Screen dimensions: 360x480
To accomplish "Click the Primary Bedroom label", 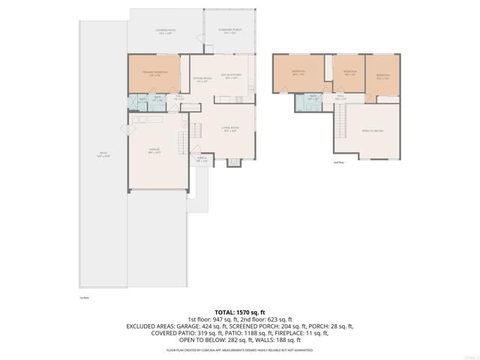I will [x=154, y=73].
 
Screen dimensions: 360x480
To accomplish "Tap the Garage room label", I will [x=154, y=151].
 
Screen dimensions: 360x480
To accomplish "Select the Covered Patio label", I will [x=164, y=31].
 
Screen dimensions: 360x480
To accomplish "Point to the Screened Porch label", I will [x=227, y=31].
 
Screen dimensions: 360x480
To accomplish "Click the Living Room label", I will [x=229, y=129].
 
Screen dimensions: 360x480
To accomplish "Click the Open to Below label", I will [x=372, y=130].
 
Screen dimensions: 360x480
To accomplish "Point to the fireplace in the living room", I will [x=233, y=160].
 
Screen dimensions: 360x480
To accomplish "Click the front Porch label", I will [x=202, y=159].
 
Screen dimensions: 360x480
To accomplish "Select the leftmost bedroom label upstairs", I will [x=298, y=73].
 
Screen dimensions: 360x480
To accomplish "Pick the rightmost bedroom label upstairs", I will [x=382, y=76].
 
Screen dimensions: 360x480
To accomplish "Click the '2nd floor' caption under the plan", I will [x=338, y=162].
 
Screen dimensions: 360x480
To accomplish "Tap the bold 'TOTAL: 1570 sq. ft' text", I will [x=240, y=311].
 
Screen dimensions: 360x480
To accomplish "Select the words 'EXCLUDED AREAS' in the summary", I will [x=150, y=326].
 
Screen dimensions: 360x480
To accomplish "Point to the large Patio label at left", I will [x=102, y=154].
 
